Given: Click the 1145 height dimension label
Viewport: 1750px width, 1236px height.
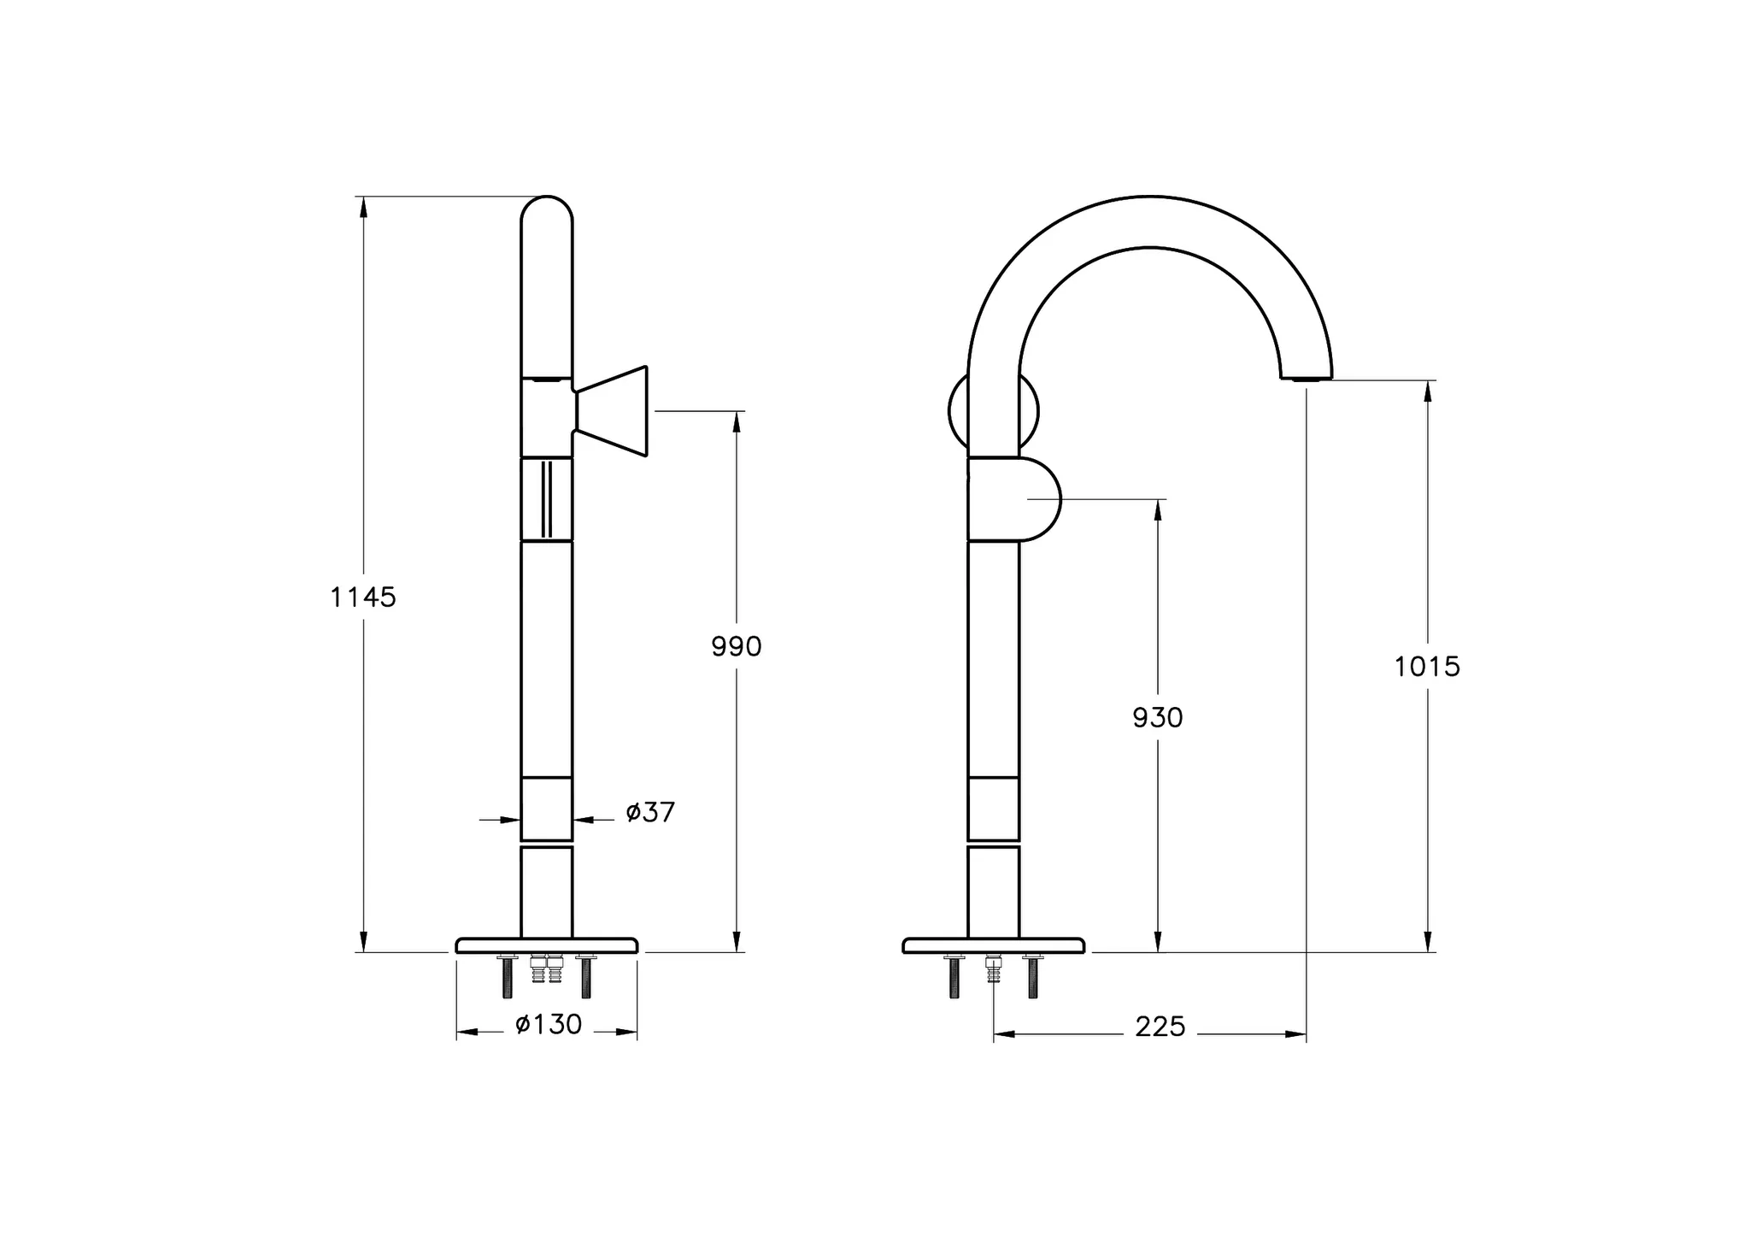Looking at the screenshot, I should (x=363, y=597).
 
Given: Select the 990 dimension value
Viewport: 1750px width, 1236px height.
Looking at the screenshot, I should (x=736, y=647).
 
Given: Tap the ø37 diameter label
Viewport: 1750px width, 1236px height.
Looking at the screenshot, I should (x=649, y=812).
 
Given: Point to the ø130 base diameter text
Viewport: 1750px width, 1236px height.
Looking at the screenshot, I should (x=549, y=1024).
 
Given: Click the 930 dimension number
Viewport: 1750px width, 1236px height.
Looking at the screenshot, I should (x=1157, y=718).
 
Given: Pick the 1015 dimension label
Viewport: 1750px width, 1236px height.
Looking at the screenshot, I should (x=1427, y=667).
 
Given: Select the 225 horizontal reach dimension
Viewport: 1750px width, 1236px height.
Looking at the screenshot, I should (x=1160, y=1027).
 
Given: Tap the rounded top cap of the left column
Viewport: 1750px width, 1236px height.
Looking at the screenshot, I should (x=547, y=209).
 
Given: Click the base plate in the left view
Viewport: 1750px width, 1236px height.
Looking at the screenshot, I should (x=547, y=945).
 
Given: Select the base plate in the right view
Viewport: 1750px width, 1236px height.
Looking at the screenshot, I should (x=993, y=945).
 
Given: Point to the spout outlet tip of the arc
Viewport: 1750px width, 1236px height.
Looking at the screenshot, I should (x=1306, y=376).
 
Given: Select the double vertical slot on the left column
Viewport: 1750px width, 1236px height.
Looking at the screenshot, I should (x=547, y=499).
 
